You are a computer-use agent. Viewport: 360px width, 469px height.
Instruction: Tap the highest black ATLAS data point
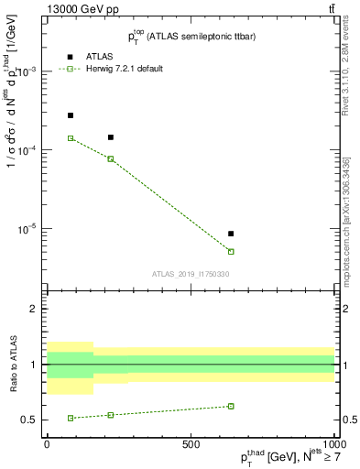coord(71,115)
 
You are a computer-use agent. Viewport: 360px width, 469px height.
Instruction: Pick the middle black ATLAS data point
coord(111,137)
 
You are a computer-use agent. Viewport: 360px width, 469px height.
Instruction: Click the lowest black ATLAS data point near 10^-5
coord(231,234)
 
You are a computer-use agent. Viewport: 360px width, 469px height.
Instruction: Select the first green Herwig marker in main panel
coord(71,138)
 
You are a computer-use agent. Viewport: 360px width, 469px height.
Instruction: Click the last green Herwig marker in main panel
coord(231,251)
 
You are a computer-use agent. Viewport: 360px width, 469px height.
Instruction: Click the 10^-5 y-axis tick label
coord(29,229)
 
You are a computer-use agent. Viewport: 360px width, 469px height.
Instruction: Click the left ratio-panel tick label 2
coord(36,310)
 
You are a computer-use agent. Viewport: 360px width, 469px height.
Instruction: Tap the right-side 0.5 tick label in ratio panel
coord(349,420)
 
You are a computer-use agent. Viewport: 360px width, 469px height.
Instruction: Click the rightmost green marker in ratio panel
coord(231,406)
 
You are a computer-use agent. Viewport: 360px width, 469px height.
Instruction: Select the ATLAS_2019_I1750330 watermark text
coord(191,273)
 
